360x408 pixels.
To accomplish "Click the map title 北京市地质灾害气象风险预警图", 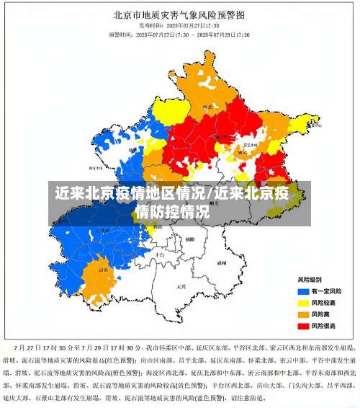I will coord(179,14).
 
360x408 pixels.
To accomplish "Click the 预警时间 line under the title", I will coord(179,34).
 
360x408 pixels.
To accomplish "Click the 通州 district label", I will coord(222,264).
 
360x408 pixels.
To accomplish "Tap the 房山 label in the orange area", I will coord(103,270).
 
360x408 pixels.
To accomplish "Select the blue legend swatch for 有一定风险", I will coord(303,291).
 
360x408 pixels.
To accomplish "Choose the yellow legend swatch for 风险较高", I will coord(303,302).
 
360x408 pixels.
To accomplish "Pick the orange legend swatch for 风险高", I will coord(303,314).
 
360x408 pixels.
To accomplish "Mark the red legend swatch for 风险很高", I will coord(303,326).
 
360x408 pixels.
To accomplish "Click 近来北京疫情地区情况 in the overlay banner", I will coord(130,194).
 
